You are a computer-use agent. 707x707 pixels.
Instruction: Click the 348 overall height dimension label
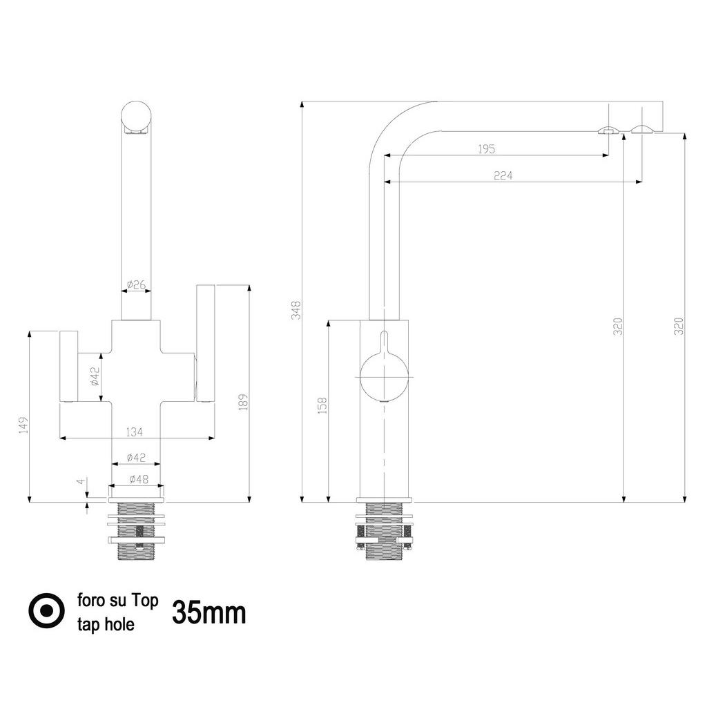point(296,309)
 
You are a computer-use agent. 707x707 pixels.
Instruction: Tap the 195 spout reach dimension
point(487,148)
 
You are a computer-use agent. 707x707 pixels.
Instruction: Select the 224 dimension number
point(503,175)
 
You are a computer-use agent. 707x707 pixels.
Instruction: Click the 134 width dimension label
point(135,432)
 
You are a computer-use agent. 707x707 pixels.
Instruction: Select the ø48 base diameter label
point(137,479)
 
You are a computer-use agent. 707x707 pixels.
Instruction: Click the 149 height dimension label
point(23,424)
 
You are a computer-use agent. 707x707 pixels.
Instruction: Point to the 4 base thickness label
point(81,481)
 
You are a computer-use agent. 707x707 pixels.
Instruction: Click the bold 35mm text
point(209,612)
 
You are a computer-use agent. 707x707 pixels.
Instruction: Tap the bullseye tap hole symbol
point(46,611)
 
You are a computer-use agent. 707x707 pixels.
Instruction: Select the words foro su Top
point(118,600)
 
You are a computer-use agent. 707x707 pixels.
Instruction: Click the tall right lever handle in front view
point(206,342)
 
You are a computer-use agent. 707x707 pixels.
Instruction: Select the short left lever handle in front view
point(68,366)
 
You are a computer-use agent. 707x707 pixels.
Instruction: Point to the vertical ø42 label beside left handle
point(95,377)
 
